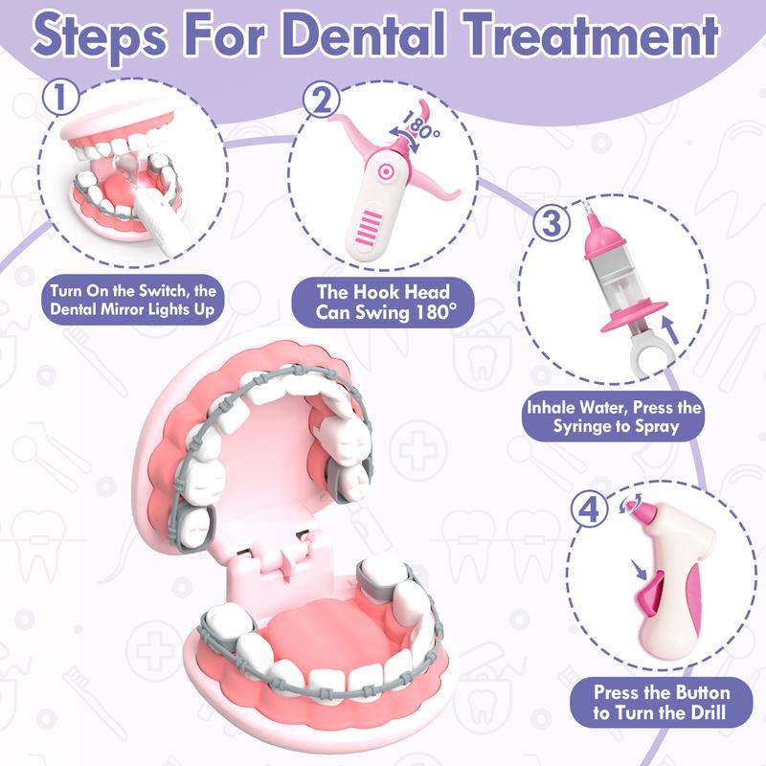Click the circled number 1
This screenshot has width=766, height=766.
[60, 97]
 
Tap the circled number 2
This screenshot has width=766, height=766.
[321, 100]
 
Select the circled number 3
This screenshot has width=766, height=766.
[552, 223]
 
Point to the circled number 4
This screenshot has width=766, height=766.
[590, 509]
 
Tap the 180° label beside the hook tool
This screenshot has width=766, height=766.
[420, 126]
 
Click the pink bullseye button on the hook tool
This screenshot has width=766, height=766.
[386, 171]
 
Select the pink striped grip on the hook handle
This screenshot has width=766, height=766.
[370, 228]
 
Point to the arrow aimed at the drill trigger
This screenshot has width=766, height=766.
[639, 569]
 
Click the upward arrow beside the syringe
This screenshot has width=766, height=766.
[669, 329]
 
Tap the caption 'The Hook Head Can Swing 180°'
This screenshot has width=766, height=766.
[383, 302]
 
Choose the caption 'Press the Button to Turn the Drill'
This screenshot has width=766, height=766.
[661, 702]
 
